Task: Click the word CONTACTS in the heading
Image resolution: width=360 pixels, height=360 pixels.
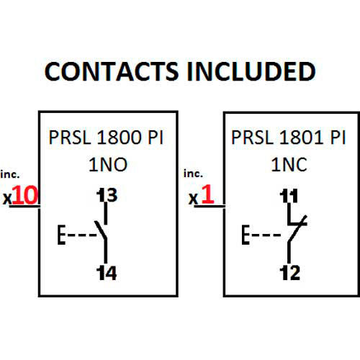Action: (112, 71)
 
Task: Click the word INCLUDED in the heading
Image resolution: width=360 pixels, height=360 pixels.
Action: (251, 71)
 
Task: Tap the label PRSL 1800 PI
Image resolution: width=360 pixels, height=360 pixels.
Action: (106, 138)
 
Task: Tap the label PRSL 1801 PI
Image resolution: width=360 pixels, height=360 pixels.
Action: (289, 138)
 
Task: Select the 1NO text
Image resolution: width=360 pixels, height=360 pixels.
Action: (108, 165)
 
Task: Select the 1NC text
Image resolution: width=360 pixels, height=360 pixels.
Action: (289, 165)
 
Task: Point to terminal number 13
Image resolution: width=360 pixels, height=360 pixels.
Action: (107, 195)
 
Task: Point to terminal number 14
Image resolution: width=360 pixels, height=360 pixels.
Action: (107, 273)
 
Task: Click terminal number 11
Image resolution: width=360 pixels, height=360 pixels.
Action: (289, 196)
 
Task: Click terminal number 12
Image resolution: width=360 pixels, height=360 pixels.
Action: (290, 273)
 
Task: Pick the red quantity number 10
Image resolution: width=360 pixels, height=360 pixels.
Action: (25, 195)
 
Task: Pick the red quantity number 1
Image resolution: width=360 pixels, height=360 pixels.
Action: (207, 194)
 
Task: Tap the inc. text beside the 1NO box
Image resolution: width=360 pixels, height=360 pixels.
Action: (10, 174)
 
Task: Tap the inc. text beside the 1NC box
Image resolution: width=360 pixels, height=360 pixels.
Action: (193, 174)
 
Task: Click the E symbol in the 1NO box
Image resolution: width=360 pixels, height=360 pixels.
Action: (61, 235)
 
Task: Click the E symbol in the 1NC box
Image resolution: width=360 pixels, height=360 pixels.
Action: (246, 235)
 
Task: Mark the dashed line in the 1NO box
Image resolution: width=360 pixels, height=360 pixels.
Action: (82, 235)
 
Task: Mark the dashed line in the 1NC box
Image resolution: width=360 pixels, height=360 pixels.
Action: (266, 235)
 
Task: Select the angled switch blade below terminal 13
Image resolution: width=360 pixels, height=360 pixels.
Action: (101, 230)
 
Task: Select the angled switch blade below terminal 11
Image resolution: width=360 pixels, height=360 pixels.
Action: (297, 229)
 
